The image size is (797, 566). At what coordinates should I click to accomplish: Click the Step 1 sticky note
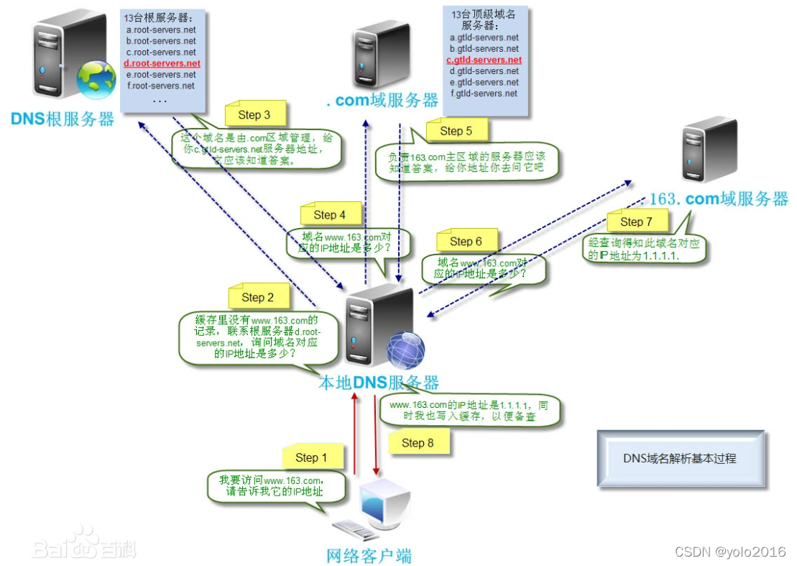(x=311, y=458)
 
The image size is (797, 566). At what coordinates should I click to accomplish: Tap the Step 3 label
(x=254, y=115)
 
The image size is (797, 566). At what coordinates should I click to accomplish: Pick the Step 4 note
(x=329, y=214)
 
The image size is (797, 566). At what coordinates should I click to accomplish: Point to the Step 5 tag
(x=456, y=131)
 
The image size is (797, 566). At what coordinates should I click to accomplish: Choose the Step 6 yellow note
(x=466, y=242)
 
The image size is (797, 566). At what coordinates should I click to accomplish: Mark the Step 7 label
(x=636, y=222)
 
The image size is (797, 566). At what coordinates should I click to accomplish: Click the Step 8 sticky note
(x=418, y=442)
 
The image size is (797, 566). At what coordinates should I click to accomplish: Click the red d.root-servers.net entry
(x=162, y=63)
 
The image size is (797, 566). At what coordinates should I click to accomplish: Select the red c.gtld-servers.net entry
(x=484, y=60)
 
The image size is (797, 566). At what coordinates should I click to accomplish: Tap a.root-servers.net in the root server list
(x=161, y=30)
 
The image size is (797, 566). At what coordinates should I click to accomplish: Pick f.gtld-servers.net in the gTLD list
(x=484, y=93)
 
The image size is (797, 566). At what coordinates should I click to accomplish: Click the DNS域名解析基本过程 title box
(x=679, y=458)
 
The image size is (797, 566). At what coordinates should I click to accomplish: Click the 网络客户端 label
(x=369, y=554)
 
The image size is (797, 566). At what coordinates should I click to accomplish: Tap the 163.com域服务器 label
(x=719, y=199)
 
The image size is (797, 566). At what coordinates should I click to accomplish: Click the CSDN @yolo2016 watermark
(x=730, y=552)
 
